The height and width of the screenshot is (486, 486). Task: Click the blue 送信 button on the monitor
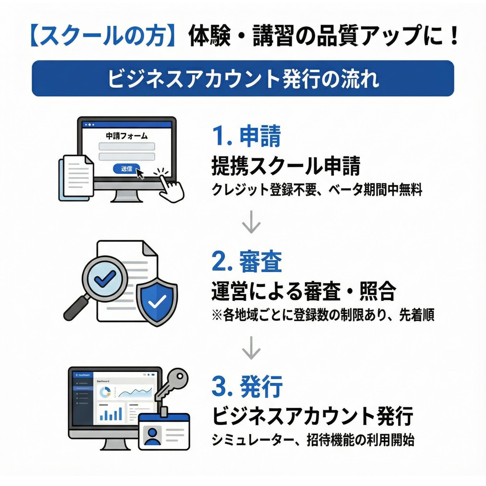click(x=126, y=168)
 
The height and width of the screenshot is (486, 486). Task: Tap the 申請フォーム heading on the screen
click(x=126, y=136)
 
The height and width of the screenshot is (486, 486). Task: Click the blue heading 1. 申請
click(x=247, y=137)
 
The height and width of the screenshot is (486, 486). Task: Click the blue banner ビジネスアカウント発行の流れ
click(x=243, y=78)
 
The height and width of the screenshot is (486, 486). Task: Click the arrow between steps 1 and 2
click(x=251, y=222)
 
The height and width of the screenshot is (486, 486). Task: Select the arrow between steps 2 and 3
click(x=251, y=348)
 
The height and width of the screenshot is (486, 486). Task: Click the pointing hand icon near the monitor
click(x=171, y=187)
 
